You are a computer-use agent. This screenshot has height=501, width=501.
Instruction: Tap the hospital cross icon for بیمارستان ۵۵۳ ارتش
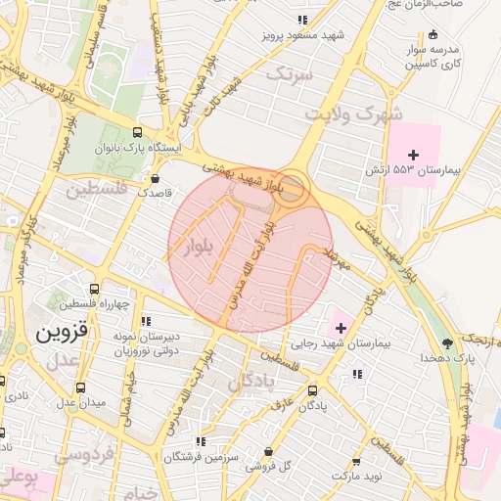[x=413, y=156]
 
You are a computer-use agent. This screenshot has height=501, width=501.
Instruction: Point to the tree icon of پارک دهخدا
[x=447, y=342]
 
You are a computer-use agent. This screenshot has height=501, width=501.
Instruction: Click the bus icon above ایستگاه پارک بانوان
[x=136, y=132]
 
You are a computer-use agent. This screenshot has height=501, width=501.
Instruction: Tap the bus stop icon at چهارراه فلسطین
[x=94, y=289]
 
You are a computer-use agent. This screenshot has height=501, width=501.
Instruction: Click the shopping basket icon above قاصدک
[x=156, y=178]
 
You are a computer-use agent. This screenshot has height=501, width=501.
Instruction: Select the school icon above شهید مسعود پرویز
[x=304, y=20]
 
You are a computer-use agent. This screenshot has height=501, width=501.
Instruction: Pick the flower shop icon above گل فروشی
[x=269, y=451]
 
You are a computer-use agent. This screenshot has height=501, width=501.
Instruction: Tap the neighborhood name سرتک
[x=292, y=73]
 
